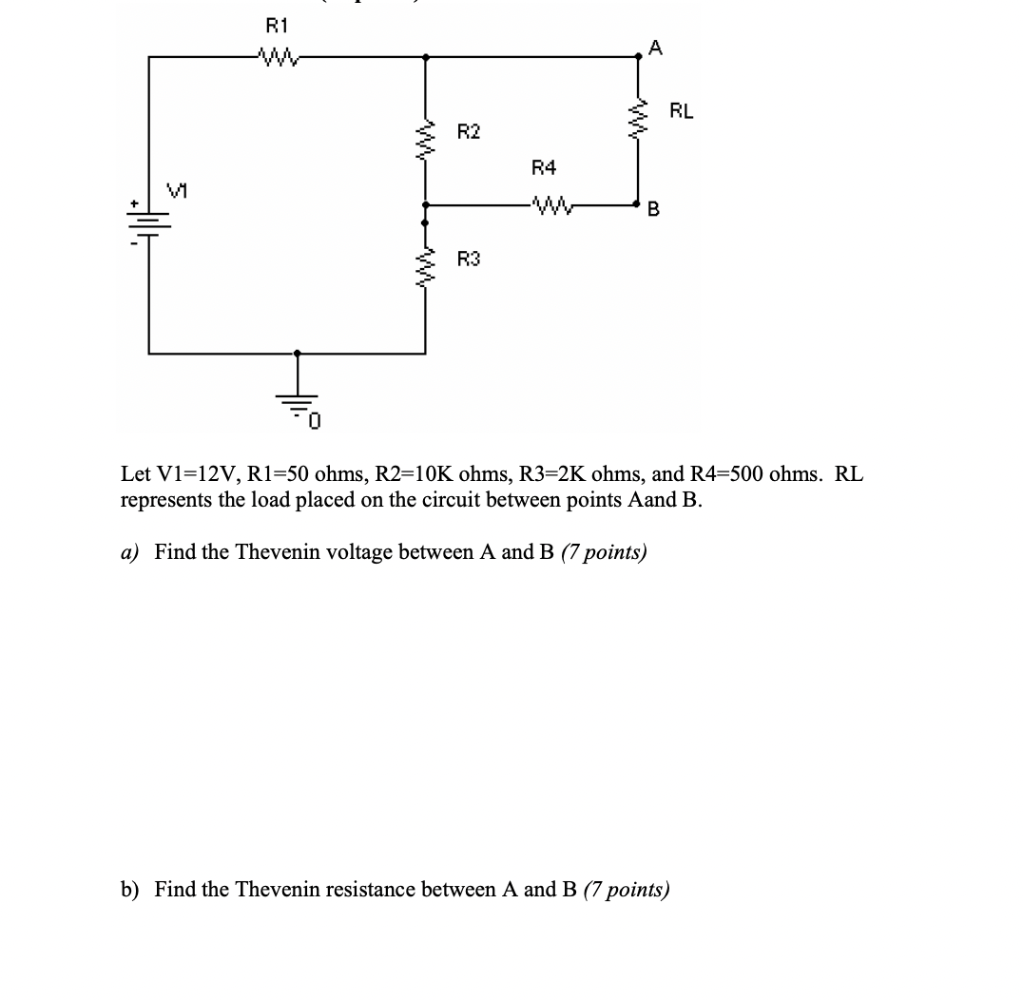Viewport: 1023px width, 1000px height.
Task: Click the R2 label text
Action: click(x=469, y=130)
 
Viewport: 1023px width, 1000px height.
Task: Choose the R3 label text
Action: click(x=469, y=258)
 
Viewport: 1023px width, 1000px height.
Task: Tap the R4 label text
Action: click(x=544, y=168)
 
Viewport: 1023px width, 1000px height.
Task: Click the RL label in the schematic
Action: click(x=682, y=110)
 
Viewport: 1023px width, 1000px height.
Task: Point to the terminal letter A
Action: click(x=656, y=46)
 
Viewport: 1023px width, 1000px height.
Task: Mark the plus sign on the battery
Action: click(x=135, y=203)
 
